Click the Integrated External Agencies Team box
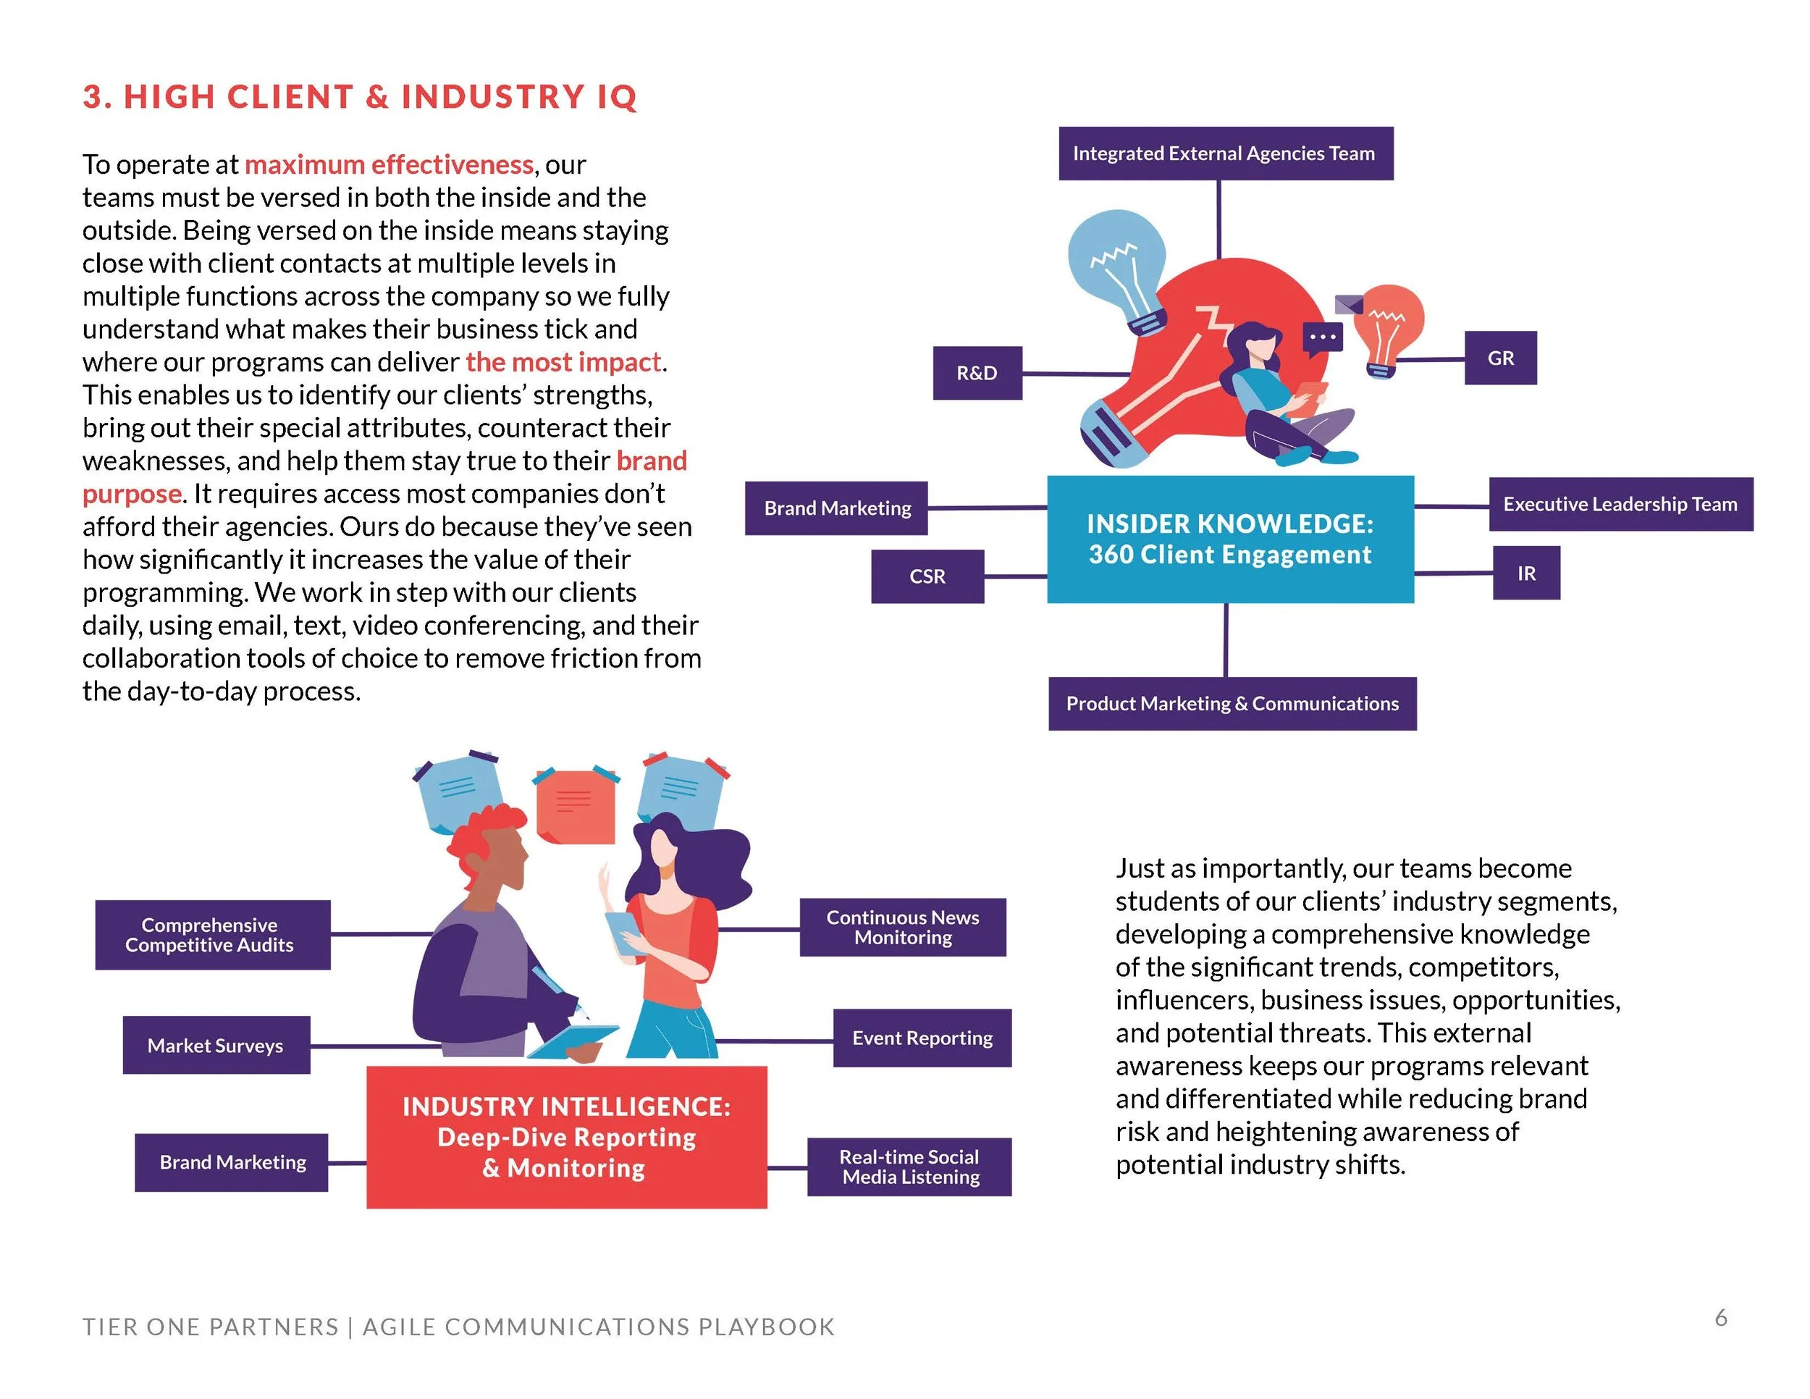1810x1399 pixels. [1225, 154]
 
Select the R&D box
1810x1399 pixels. [977, 373]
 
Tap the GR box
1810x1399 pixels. [1500, 358]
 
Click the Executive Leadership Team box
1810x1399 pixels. [1620, 504]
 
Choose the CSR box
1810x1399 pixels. [927, 576]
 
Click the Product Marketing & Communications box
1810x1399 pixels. [1232, 704]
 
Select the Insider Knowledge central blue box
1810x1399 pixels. [1230, 539]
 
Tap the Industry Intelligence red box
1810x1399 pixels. [566, 1136]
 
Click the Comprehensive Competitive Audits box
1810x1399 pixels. [212, 935]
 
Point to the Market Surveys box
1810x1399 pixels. [216, 1045]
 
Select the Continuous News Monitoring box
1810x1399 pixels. [903, 928]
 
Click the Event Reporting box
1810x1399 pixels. [922, 1038]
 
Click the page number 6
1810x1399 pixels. [1720, 1318]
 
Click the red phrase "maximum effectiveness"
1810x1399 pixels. [389, 165]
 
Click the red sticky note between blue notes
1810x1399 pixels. [575, 804]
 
